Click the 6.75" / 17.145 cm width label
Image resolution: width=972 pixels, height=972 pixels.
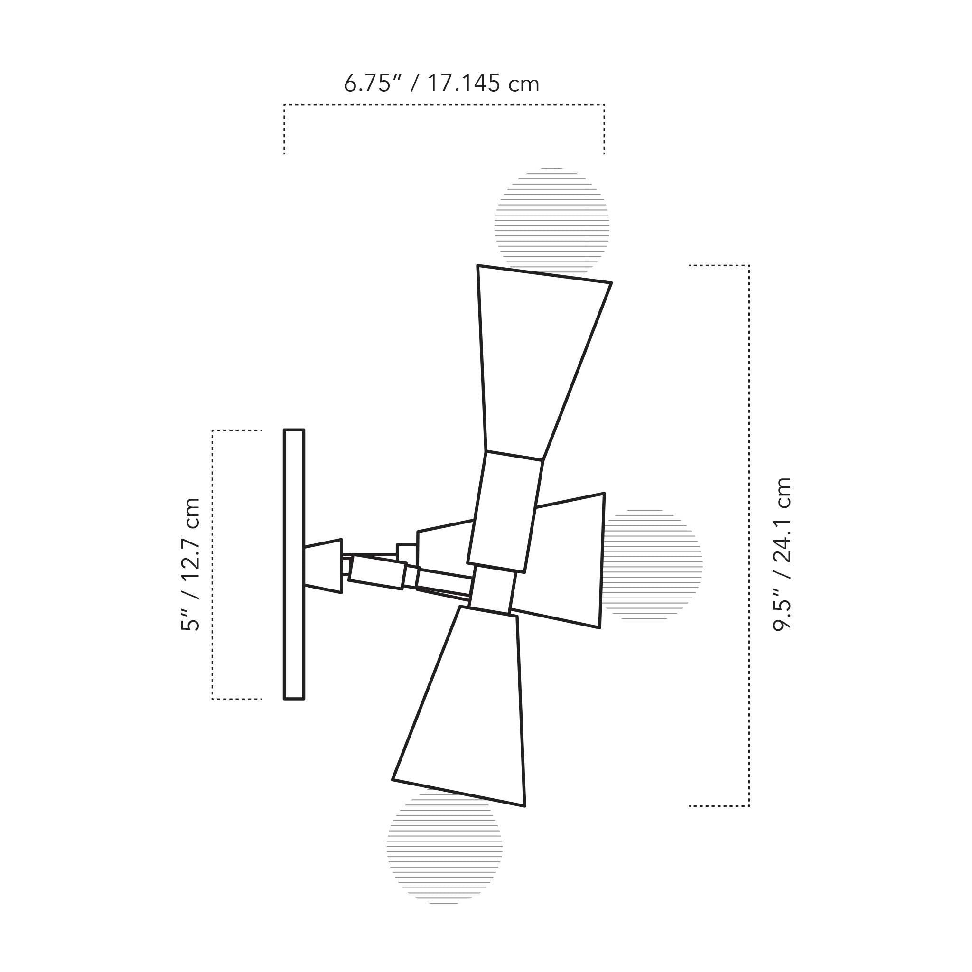point(441,84)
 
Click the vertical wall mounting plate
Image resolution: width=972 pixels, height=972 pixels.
point(294,564)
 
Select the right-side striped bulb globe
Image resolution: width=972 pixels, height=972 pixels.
point(654,564)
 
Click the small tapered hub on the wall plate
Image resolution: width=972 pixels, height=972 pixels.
point(323,566)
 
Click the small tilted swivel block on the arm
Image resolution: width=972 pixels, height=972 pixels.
point(377,571)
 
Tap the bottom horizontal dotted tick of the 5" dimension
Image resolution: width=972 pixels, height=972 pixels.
point(236,699)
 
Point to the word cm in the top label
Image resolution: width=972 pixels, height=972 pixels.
point(523,84)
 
